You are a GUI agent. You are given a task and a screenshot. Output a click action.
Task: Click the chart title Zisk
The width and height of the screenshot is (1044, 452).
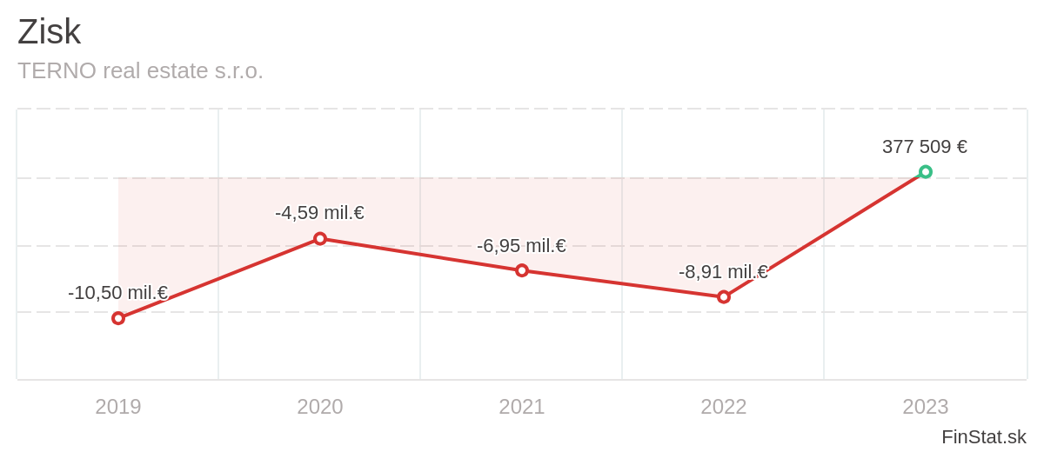49,32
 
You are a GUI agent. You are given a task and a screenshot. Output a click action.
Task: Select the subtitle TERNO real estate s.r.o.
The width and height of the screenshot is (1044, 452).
140,70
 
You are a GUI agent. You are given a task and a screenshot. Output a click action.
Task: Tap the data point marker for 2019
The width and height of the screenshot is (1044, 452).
118,318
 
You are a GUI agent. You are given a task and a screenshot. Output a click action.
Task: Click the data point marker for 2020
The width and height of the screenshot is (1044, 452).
320,239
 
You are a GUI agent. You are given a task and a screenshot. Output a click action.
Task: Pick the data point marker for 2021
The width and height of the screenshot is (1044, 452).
522,270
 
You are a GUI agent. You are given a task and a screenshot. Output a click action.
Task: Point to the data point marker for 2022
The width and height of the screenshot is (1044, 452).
724,297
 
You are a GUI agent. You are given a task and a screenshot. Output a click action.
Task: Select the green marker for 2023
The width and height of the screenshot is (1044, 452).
926,172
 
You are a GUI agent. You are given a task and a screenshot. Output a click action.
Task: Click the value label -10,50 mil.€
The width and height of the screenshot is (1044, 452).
117,293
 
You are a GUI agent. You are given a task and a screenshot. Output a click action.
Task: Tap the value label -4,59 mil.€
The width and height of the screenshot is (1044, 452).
319,213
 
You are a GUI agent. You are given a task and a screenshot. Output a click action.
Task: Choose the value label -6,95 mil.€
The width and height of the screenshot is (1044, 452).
521,246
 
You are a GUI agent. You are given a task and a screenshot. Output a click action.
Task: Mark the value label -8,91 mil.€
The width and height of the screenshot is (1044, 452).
723,272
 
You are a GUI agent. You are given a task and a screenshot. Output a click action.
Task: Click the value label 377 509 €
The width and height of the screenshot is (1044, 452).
925,147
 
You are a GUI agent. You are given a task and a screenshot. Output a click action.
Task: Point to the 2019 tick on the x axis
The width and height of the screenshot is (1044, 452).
118,407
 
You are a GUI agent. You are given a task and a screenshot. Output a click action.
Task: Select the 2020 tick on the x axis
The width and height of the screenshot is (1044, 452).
320,407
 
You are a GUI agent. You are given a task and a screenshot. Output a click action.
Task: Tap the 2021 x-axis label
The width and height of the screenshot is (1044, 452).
522,407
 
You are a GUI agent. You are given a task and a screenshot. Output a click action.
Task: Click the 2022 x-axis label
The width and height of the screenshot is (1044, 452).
724,407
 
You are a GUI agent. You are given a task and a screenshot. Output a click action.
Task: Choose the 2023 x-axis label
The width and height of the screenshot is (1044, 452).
926,407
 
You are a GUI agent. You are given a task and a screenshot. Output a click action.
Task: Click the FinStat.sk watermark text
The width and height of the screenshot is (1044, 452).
983,437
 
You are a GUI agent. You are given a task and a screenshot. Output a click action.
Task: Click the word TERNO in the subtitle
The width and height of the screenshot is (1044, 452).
57,70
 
